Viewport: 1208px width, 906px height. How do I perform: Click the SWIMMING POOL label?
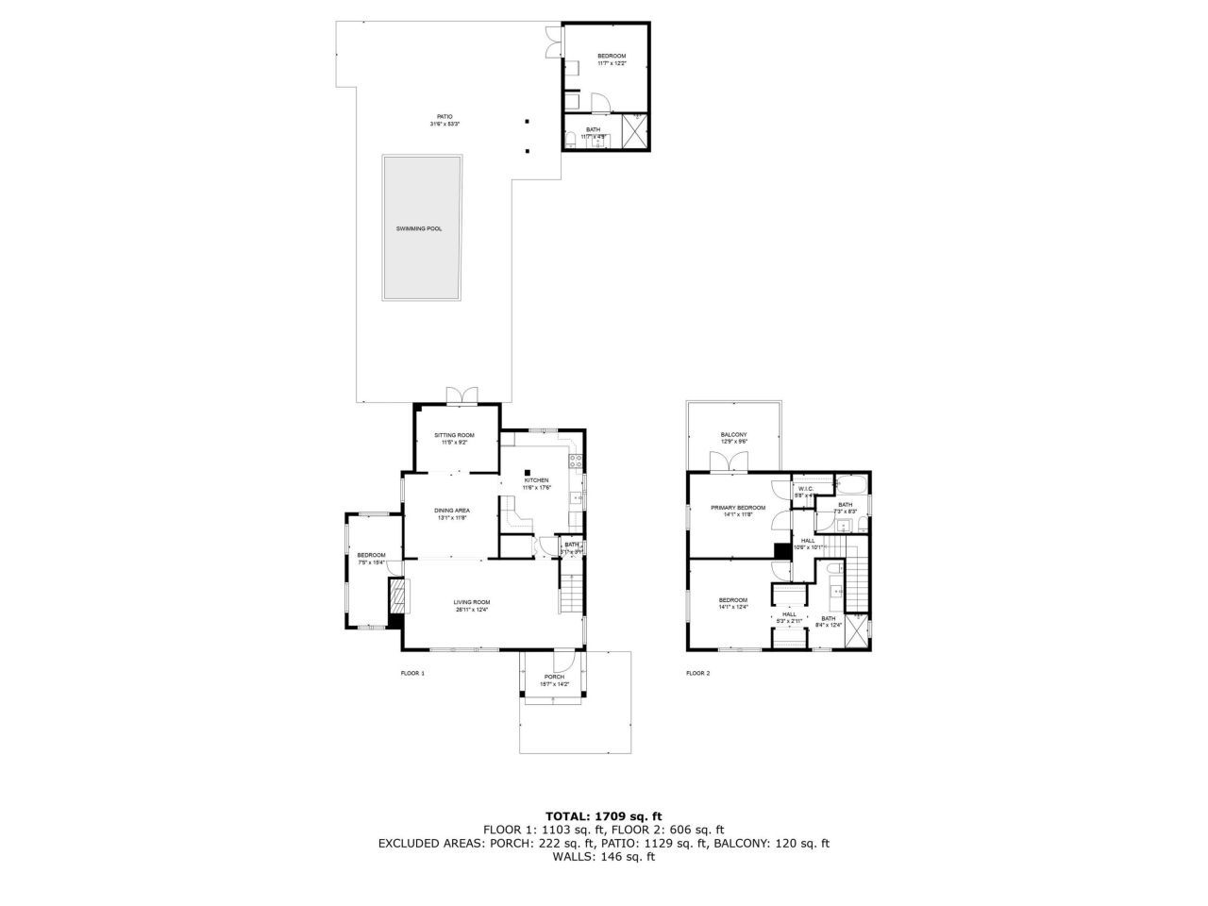coord(419,228)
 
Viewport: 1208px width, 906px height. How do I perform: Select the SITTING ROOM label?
coord(454,435)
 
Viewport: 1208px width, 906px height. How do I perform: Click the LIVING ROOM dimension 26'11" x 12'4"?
coord(472,610)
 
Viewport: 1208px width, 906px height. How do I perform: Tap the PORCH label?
coord(554,677)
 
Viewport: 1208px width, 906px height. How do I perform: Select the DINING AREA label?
coord(453,511)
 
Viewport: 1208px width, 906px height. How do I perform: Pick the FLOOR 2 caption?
coord(697,673)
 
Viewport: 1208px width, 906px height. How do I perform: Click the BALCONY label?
coord(733,434)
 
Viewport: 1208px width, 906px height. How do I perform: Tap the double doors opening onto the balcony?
coord(732,461)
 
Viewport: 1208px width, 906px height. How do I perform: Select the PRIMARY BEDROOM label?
coord(738,508)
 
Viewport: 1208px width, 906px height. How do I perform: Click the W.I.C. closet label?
coord(804,489)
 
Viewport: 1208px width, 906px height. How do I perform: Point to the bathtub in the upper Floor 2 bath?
coord(850,485)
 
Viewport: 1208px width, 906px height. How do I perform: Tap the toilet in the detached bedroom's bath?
coord(570,141)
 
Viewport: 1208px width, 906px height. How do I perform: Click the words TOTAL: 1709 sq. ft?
coord(604,815)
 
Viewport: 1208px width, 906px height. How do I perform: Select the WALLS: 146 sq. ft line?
coord(604,857)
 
